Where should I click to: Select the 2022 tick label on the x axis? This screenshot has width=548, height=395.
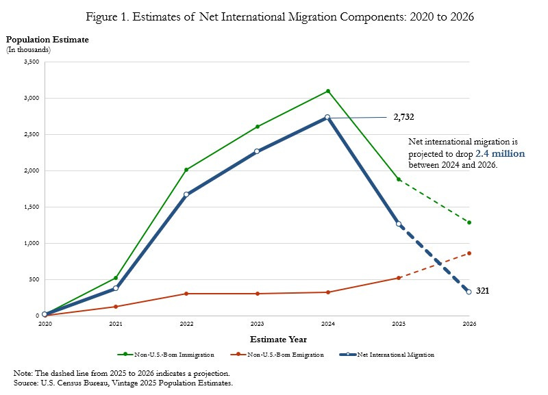[x=186, y=323]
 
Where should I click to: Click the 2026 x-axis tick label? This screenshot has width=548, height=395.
[x=469, y=323]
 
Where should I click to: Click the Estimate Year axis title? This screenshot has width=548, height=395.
[x=277, y=339]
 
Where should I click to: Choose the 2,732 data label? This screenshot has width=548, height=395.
[x=403, y=117]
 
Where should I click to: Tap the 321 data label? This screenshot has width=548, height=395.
[x=482, y=291]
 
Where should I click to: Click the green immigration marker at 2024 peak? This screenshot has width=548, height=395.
[x=328, y=91]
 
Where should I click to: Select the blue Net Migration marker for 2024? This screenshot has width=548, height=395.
[x=327, y=118]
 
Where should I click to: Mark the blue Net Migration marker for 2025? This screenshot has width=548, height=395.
[x=399, y=224]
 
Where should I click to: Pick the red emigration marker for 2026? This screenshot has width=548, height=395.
[x=469, y=253]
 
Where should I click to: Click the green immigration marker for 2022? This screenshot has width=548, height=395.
[x=186, y=170]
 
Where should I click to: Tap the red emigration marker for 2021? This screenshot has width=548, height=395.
[x=116, y=307]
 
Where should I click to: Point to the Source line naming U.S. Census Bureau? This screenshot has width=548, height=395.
[x=123, y=383]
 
